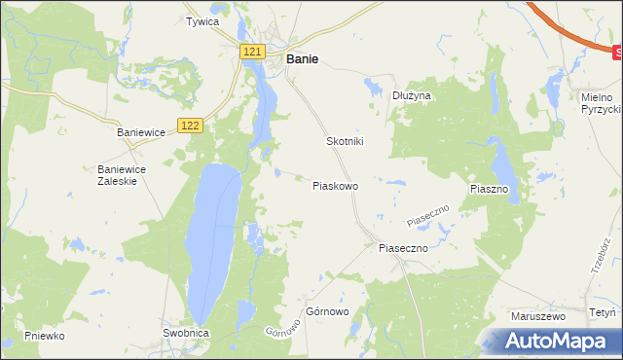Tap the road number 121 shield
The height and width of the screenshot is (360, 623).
pyautogui.click(x=252, y=51)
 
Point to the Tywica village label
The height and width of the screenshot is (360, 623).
pyautogui.click(x=202, y=20)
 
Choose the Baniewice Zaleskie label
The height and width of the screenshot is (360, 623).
pyautogui.click(x=122, y=174)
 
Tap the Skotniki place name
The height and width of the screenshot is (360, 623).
pyautogui.click(x=344, y=141)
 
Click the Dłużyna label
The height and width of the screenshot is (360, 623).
pyautogui.click(x=411, y=96)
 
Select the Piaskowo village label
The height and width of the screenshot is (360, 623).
pyautogui.click(x=335, y=185)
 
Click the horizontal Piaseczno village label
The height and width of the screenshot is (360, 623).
pyautogui.click(x=403, y=248)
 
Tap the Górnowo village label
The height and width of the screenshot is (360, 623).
pyautogui.click(x=327, y=312)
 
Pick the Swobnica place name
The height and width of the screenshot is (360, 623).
pyautogui.click(x=185, y=333)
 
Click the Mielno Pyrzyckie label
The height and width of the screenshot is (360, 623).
pyautogui.click(x=595, y=104)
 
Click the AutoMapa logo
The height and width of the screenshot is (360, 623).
pyautogui.click(x=556, y=342)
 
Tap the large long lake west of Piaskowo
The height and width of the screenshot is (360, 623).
pyautogui.click(x=214, y=238)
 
